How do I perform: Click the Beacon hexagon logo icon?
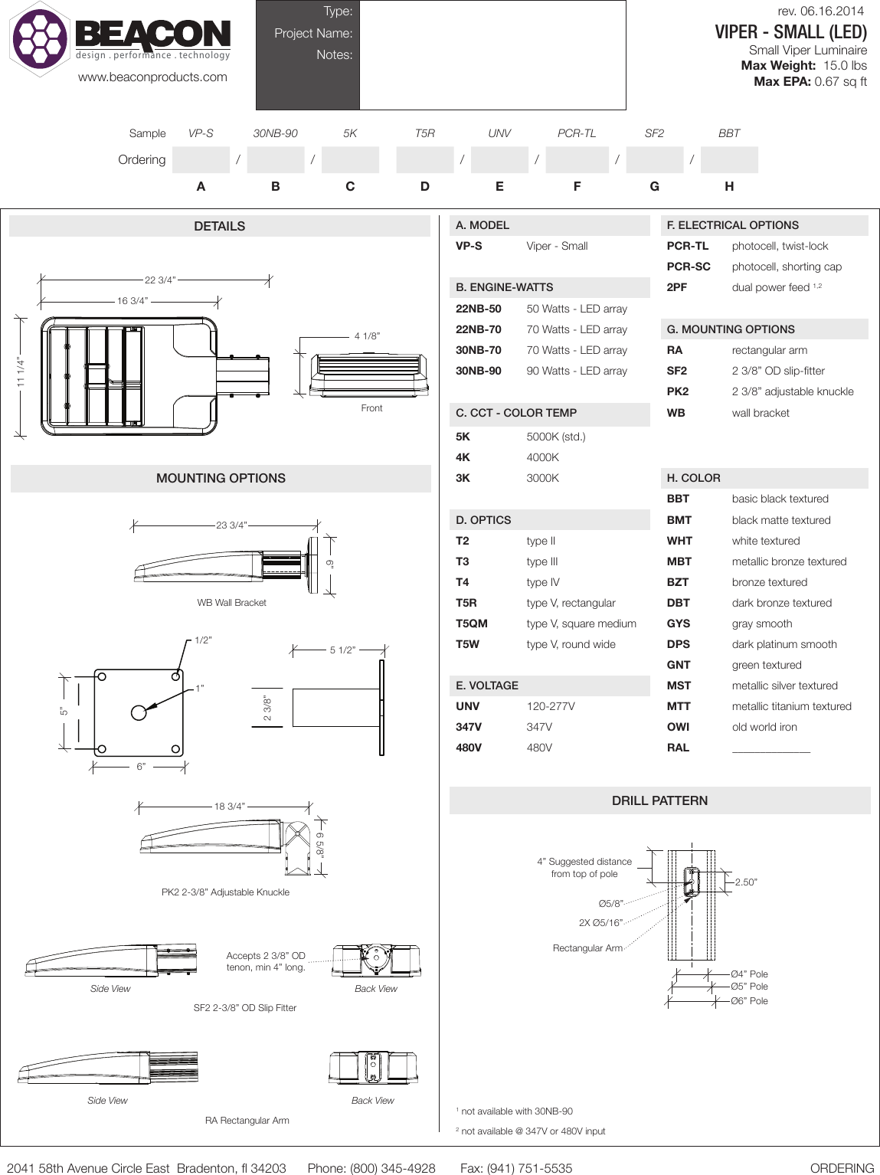click(40, 38)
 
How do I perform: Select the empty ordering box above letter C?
click(350, 160)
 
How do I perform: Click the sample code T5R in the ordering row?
click(424, 133)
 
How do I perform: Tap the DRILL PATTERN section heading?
click(659, 800)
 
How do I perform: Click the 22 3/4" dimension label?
click(160, 280)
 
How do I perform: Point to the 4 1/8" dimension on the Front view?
click(367, 336)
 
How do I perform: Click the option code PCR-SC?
click(689, 267)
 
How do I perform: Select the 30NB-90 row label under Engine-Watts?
click(478, 371)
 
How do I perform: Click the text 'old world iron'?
click(764, 727)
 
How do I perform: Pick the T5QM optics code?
click(471, 624)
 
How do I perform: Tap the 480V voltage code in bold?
click(468, 748)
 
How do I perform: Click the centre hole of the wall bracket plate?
click(139, 712)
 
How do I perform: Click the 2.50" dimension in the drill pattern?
click(745, 882)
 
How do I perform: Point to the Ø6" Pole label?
click(748, 1001)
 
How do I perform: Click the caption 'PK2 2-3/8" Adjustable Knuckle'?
click(225, 892)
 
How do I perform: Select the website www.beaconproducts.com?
click(152, 77)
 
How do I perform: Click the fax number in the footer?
click(516, 1168)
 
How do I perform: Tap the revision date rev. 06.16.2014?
click(819, 11)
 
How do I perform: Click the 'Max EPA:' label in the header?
click(781, 81)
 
